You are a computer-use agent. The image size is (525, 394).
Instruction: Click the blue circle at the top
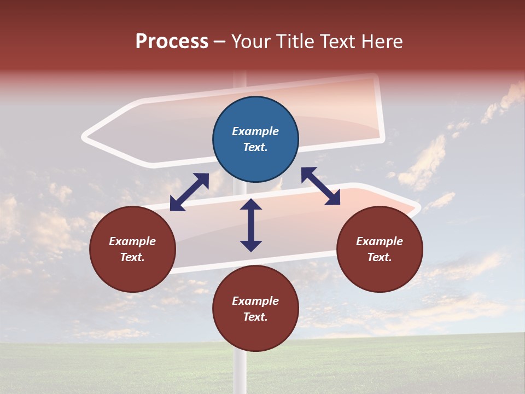(x=255, y=140)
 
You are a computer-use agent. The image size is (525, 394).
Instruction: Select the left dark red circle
(x=132, y=249)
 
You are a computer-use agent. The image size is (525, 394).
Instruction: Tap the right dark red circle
(x=380, y=249)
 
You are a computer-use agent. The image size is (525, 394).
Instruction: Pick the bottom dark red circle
(x=255, y=309)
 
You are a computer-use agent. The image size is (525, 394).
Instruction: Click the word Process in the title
(x=172, y=42)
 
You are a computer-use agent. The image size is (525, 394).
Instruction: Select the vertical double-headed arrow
(x=251, y=225)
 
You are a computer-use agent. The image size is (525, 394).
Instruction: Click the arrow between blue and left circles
(x=189, y=192)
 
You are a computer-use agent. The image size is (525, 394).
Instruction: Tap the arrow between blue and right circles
(x=321, y=187)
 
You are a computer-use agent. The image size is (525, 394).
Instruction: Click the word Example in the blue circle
(x=255, y=131)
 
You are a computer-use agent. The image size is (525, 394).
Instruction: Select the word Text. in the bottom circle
(x=255, y=317)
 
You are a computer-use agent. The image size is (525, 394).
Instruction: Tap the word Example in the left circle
(x=132, y=241)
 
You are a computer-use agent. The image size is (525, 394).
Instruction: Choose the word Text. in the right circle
(x=380, y=257)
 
